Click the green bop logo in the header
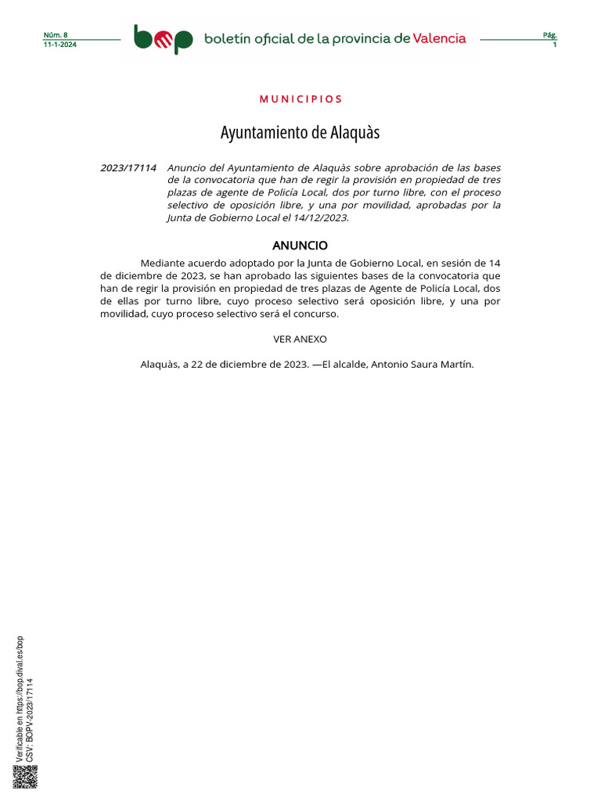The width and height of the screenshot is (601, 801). pos(163,38)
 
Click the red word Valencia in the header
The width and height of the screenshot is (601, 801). pos(440,38)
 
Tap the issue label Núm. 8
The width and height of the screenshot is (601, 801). pos(56,35)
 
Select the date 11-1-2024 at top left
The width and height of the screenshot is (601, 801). pos(60,45)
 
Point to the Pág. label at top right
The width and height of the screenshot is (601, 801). pos(549,35)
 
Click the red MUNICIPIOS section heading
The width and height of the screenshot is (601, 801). pos(300,99)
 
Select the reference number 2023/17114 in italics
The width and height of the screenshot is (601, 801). pos(128,168)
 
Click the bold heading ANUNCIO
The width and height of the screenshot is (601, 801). pos(300,246)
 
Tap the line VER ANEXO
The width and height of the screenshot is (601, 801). pos(300,339)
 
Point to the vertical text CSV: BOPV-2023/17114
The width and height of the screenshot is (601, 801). pos(30,720)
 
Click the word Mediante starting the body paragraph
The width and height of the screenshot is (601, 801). pos(164,264)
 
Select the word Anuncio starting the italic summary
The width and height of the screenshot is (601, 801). pos(186,168)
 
